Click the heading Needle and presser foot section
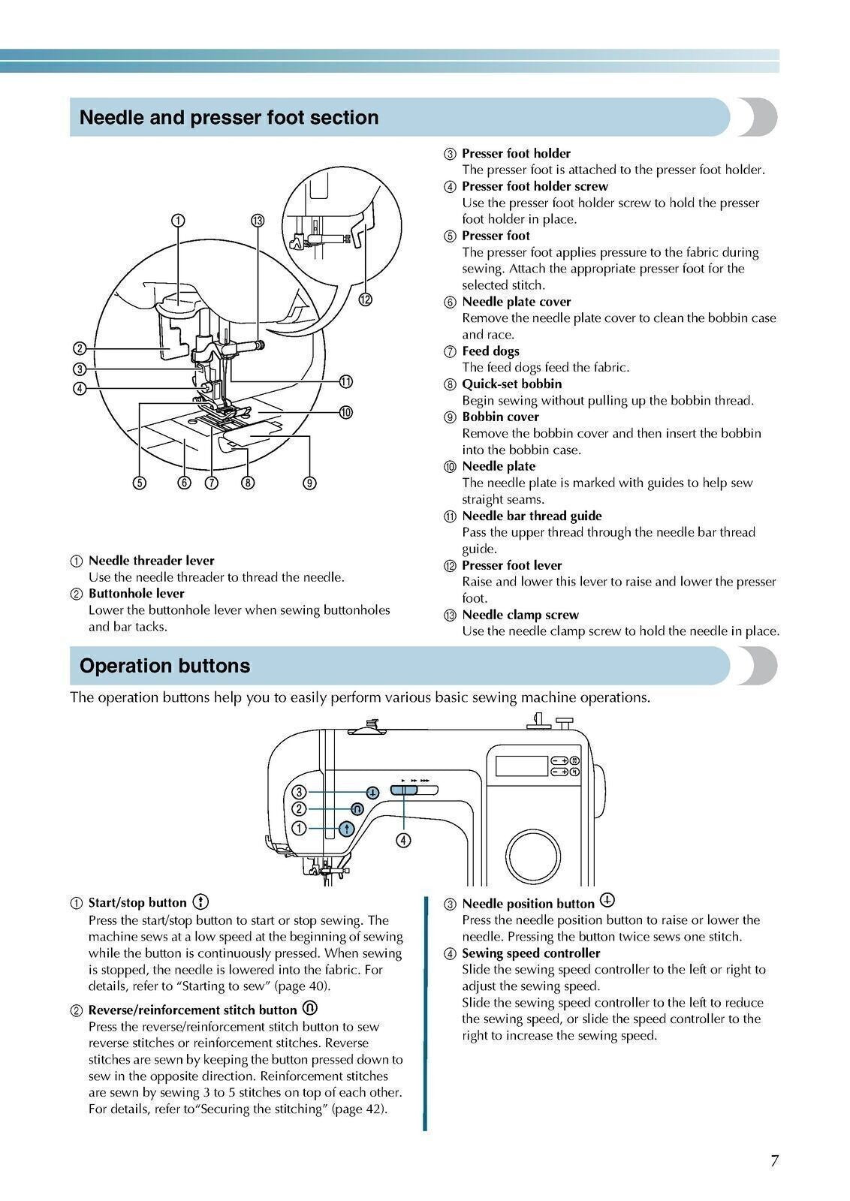[228, 118]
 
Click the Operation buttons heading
[164, 666]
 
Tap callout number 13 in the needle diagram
[258, 220]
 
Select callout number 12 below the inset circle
[365, 299]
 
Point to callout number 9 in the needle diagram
[309, 483]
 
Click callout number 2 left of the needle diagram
[80, 348]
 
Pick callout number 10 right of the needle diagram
[345, 412]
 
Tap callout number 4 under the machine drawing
[403, 840]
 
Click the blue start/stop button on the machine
[346, 829]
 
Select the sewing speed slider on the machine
[404, 790]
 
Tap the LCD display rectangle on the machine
[521, 766]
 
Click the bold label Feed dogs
[490, 351]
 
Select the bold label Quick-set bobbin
[511, 384]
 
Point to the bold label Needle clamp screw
[520, 615]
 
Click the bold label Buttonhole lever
[136, 594]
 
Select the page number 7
[774, 1160]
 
